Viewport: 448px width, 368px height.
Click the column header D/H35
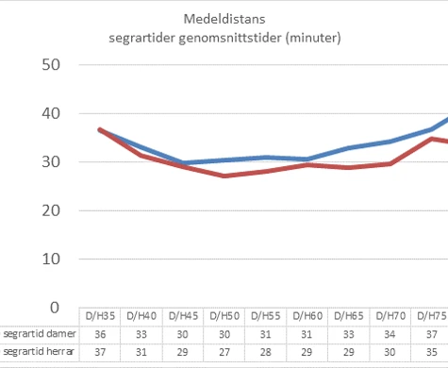coord(99,316)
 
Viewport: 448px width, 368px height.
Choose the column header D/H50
coord(224,316)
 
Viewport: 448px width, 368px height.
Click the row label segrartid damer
coord(36,334)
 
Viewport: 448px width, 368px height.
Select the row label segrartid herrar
coord(36,352)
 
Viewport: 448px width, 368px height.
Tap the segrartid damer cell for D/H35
coord(99,334)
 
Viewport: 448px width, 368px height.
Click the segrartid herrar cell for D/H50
coord(224,352)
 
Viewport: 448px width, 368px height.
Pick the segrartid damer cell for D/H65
coord(348,334)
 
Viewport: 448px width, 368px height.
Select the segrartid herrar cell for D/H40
coord(141,352)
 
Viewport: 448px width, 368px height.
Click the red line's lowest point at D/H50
coord(224,176)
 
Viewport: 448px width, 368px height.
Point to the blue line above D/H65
coord(348,148)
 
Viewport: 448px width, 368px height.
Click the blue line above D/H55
coord(265,158)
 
